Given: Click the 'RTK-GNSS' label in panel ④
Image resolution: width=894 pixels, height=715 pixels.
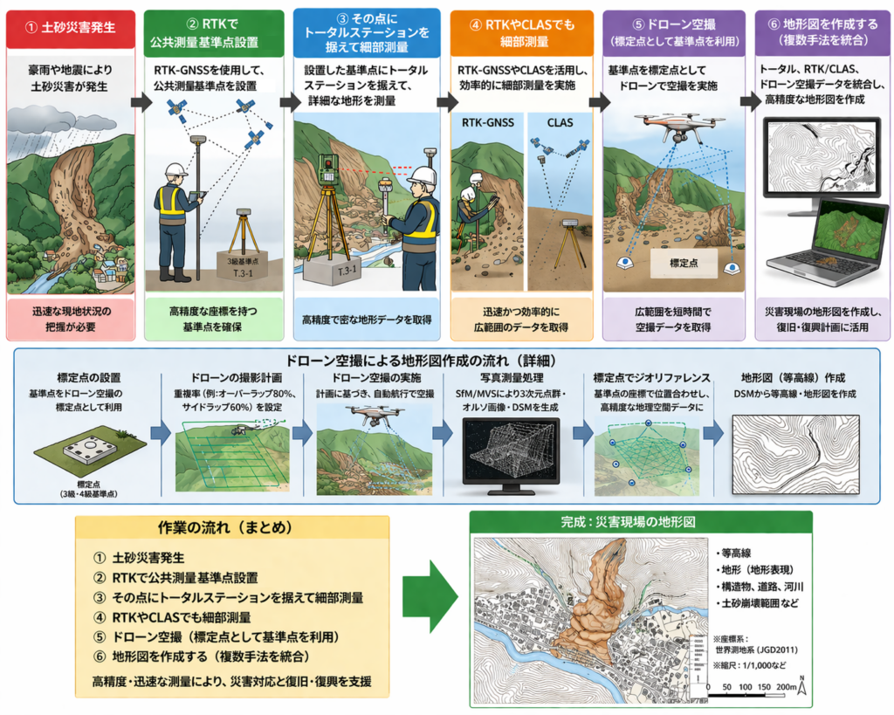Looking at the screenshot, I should point(485,122).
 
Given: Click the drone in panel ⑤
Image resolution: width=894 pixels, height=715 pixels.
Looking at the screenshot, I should point(672,127).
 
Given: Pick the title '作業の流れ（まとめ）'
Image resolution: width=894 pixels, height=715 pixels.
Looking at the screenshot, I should point(224,528).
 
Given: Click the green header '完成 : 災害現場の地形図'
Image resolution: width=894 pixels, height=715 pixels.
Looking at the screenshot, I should point(641,522).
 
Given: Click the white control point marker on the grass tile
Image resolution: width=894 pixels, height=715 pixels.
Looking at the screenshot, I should point(91,447).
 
